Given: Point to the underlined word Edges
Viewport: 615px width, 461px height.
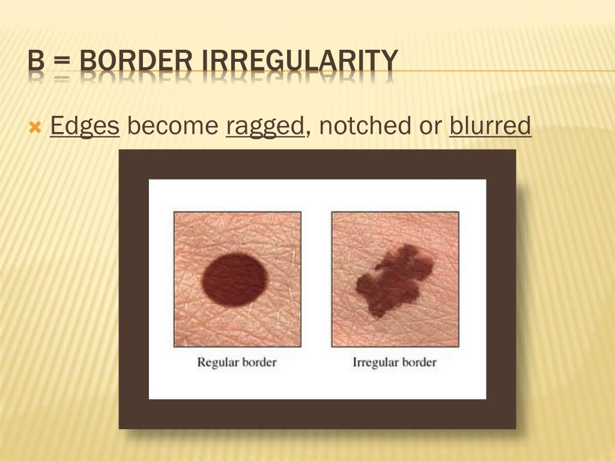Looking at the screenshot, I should pyautogui.click(x=85, y=127).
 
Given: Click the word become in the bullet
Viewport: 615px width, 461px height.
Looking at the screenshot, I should pyautogui.click(x=172, y=126).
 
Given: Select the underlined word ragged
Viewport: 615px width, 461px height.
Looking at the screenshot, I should pyautogui.click(x=265, y=127).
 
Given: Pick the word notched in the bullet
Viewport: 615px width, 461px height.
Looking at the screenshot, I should pyautogui.click(x=357, y=126).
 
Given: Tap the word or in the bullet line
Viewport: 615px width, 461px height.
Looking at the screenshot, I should pyautogui.click(x=423, y=127).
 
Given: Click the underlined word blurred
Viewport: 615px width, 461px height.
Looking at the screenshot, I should pyautogui.click(x=490, y=126).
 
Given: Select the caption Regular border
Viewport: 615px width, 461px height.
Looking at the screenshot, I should pyautogui.click(x=237, y=363).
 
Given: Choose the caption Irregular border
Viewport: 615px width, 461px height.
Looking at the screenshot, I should pyautogui.click(x=395, y=363).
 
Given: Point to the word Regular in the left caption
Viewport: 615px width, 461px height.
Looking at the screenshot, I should pyautogui.click(x=217, y=363).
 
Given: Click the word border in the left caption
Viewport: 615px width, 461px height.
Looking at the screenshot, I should pyautogui.click(x=258, y=363).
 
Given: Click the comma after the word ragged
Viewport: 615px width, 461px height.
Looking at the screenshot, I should pyautogui.click(x=308, y=132).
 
